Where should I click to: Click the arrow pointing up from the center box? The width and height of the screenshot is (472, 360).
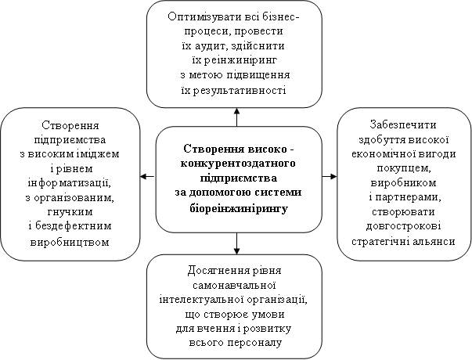pos(236,117)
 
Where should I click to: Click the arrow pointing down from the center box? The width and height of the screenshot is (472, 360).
pos(236,243)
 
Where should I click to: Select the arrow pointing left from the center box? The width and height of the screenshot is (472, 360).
pos(148,176)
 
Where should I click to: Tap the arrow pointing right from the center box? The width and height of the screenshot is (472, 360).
pos(330,176)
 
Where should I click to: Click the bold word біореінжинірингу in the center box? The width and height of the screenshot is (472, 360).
pos(239,208)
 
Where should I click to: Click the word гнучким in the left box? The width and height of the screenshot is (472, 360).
pos(70,212)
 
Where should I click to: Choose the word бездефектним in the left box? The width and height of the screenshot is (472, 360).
pos(74,226)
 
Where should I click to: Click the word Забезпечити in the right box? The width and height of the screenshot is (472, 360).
pos(403,124)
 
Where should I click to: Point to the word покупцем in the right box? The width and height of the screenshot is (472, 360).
pos(403,168)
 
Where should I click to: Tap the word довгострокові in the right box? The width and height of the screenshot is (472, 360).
pos(403,226)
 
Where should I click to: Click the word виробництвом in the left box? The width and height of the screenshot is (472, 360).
pos(70,241)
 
